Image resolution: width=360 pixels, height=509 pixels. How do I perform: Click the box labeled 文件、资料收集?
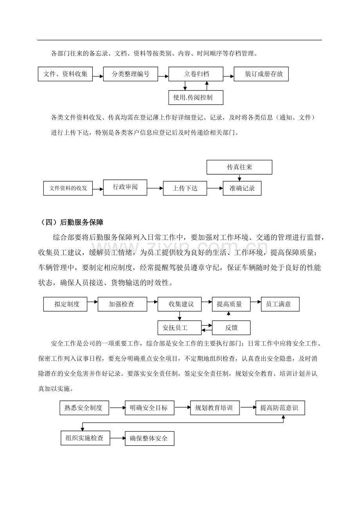[65, 74]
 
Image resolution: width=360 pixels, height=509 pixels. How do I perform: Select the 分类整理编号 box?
[130, 74]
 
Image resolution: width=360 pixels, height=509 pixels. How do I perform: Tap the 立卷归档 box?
[196, 74]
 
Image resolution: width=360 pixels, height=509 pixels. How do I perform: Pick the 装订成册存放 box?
[261, 74]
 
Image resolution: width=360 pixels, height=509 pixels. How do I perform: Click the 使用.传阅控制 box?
[196, 97]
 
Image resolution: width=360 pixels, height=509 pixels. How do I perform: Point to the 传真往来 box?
[239, 167]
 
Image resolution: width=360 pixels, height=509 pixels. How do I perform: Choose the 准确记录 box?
[242, 188]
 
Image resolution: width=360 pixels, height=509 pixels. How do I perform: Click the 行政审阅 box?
[125, 187]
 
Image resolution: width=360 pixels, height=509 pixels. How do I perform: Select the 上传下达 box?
[185, 188]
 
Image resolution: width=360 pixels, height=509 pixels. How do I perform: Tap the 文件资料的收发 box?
[68, 188]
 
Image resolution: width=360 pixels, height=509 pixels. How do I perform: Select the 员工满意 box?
[280, 304]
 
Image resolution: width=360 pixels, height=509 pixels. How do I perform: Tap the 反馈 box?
[231, 328]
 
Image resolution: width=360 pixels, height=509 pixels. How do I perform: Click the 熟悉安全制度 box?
[84, 408]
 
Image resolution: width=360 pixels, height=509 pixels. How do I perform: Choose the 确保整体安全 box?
[149, 438]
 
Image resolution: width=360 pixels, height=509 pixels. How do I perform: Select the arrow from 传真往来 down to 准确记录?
[239, 178]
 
